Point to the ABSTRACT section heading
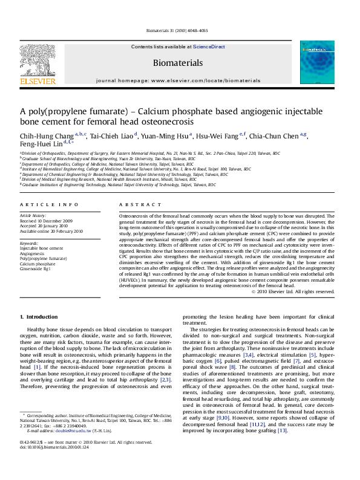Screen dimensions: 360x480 pos(132,205)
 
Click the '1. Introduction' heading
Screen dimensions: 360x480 pos(39,317)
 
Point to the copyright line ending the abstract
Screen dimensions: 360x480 pos(292,291)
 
